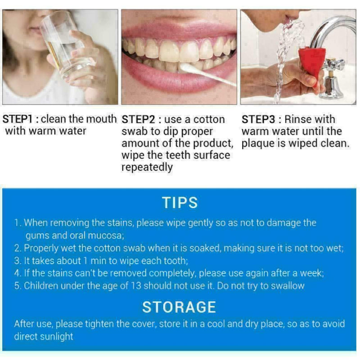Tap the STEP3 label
point(260,120)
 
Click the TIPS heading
point(180,202)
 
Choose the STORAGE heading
point(179,307)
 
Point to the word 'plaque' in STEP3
point(257,144)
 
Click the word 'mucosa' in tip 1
point(108,235)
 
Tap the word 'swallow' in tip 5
point(288,286)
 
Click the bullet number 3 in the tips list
point(17,261)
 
